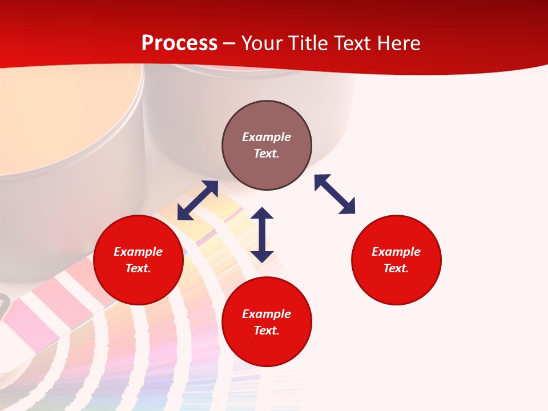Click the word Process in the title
pyautogui.click(x=179, y=43)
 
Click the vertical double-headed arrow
pyautogui.click(x=262, y=235)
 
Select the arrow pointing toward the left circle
pyautogui.click(x=198, y=200)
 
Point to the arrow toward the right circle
pyautogui.click(x=335, y=194)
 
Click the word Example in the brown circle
pyautogui.click(x=267, y=137)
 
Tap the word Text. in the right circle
pyautogui.click(x=396, y=268)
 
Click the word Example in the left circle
pyautogui.click(x=138, y=252)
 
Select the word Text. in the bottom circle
pyautogui.click(x=267, y=331)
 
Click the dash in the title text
pyautogui.click(x=229, y=44)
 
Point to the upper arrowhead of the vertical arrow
pyautogui.click(x=262, y=214)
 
